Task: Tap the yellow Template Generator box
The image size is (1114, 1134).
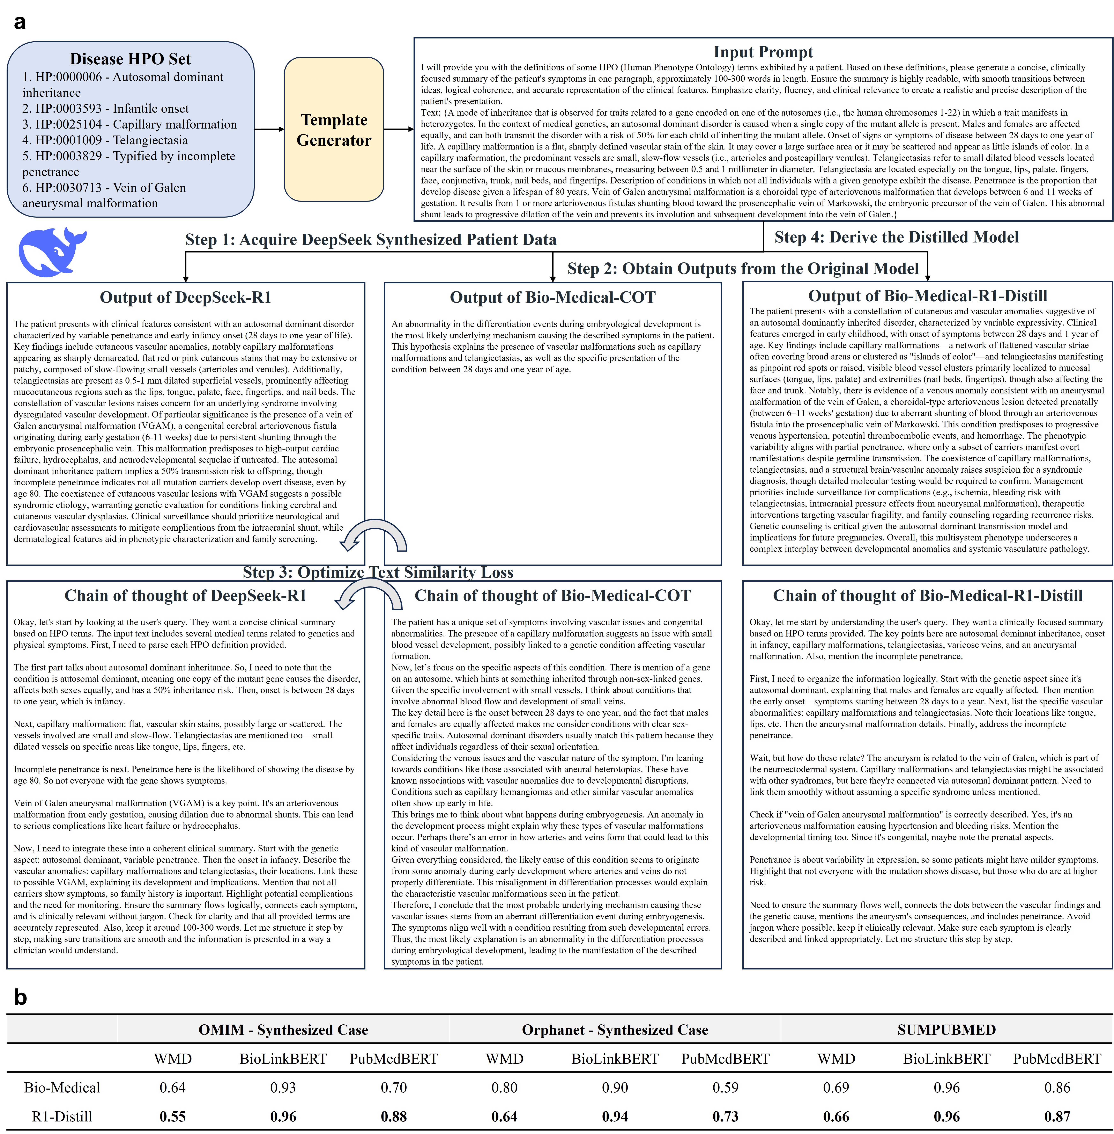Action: (x=334, y=129)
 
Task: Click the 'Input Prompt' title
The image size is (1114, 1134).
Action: (x=763, y=52)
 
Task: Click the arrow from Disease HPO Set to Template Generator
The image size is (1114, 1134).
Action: (x=269, y=129)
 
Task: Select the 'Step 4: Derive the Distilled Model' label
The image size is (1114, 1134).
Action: (x=896, y=237)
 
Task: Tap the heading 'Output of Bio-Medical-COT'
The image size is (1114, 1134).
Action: (x=552, y=297)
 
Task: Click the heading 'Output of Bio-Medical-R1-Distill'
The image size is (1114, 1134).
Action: (x=927, y=296)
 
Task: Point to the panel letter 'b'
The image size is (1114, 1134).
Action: (x=21, y=997)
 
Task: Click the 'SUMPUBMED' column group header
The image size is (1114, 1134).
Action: (x=946, y=1030)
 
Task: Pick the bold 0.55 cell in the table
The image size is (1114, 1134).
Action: (x=173, y=1117)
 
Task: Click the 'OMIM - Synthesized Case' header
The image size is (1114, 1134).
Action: (x=283, y=1030)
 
